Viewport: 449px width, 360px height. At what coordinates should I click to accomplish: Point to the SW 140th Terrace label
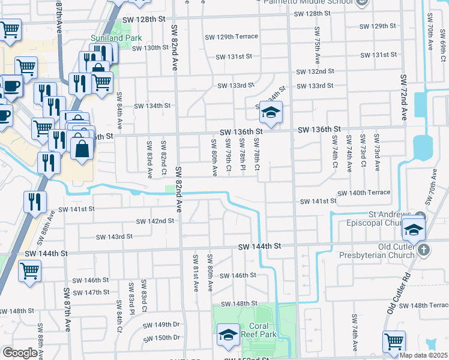[364, 193]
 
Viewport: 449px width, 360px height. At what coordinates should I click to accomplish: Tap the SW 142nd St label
[155, 221]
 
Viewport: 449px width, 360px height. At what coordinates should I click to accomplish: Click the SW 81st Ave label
[196, 272]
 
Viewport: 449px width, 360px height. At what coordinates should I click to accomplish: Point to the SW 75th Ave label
[316, 45]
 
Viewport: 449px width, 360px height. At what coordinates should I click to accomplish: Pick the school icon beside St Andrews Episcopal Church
[414, 229]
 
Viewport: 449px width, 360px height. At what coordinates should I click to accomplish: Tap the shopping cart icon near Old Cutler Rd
[394, 341]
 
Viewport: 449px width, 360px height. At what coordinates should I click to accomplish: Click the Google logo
[20, 353]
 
